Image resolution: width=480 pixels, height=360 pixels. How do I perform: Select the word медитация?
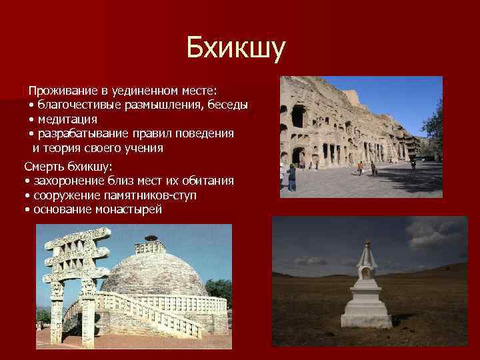(67, 119)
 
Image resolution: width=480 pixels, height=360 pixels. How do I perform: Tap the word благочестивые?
(79, 105)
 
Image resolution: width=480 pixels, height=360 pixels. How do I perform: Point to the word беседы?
(226, 105)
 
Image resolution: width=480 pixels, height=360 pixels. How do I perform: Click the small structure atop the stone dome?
(151, 239)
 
